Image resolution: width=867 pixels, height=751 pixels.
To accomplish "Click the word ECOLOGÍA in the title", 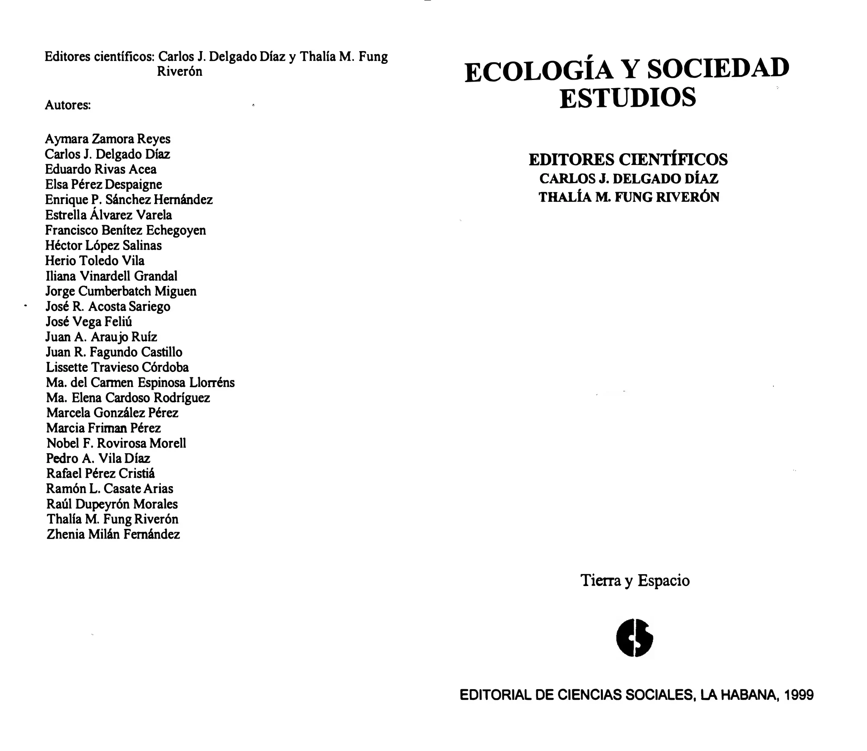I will coord(539,72).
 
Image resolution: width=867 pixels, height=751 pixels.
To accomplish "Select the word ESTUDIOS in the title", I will coord(627,98).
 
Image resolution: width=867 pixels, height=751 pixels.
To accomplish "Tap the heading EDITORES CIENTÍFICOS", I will coord(628,160).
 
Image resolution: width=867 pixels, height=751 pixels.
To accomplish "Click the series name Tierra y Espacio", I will coord(635,580).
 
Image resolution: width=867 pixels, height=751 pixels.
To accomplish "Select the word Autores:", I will coord(68,105).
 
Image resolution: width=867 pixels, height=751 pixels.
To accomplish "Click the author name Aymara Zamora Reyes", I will coord(108,139).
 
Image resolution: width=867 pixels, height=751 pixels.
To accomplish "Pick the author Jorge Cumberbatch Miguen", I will coord(121,291).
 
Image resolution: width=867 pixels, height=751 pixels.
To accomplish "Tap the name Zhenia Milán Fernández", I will coord(113,534).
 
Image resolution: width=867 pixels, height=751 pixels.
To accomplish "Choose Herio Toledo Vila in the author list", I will coord(95,261).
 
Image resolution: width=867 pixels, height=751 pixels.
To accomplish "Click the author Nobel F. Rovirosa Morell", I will coord(116,443).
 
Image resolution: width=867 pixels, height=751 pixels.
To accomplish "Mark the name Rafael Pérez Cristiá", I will coord(100,473).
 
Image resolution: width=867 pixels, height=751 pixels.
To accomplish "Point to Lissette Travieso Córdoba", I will coord(117,367).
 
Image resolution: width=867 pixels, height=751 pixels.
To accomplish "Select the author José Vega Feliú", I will coord(89,322).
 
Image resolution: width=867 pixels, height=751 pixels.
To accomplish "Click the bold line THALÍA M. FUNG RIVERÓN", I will coord(629,198).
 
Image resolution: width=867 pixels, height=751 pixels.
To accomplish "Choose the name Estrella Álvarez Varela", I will coord(108,215).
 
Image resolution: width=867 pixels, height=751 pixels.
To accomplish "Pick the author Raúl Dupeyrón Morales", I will coord(112,504).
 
